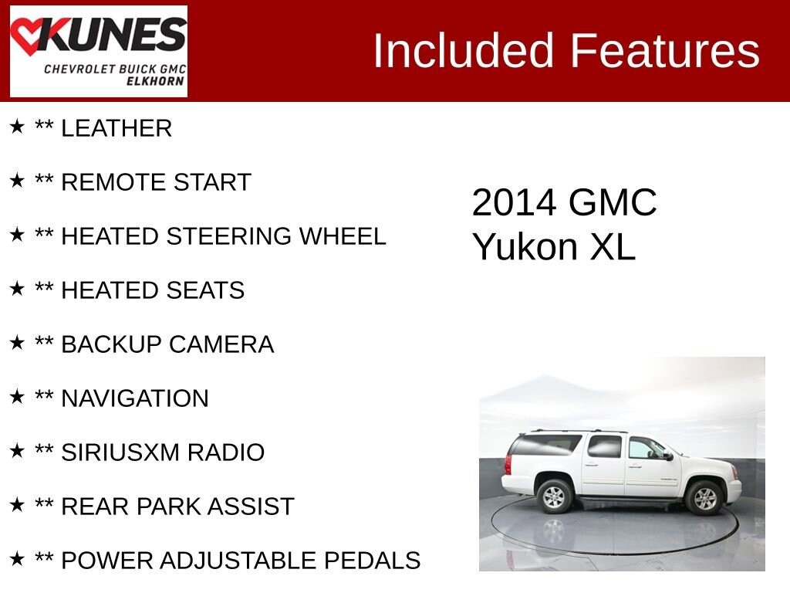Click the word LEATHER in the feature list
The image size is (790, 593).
(116, 129)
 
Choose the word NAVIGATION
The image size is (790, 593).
(135, 399)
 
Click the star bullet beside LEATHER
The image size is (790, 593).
(17, 127)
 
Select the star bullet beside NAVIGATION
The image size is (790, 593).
(17, 397)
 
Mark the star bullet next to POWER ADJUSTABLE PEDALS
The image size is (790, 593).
(17, 559)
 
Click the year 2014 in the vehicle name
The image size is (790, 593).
(514, 203)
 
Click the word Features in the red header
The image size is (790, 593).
(665, 51)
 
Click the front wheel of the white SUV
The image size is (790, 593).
(704, 498)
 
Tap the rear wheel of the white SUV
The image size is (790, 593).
(553, 496)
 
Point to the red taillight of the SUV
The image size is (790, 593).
(508, 465)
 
